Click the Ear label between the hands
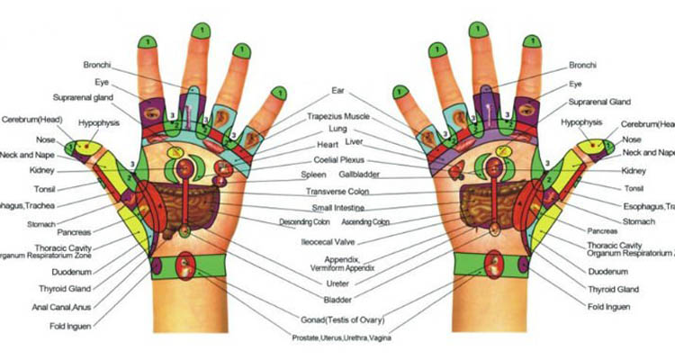(x=338, y=91)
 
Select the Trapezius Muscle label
(x=338, y=116)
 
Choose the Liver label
(x=355, y=142)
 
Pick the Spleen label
(x=313, y=175)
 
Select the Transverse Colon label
(x=337, y=191)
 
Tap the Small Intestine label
(x=337, y=207)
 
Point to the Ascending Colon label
(x=368, y=221)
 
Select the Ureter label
(x=337, y=283)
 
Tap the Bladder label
(x=337, y=299)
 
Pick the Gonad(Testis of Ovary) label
(x=339, y=320)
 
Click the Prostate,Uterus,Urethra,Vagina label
(x=337, y=337)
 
